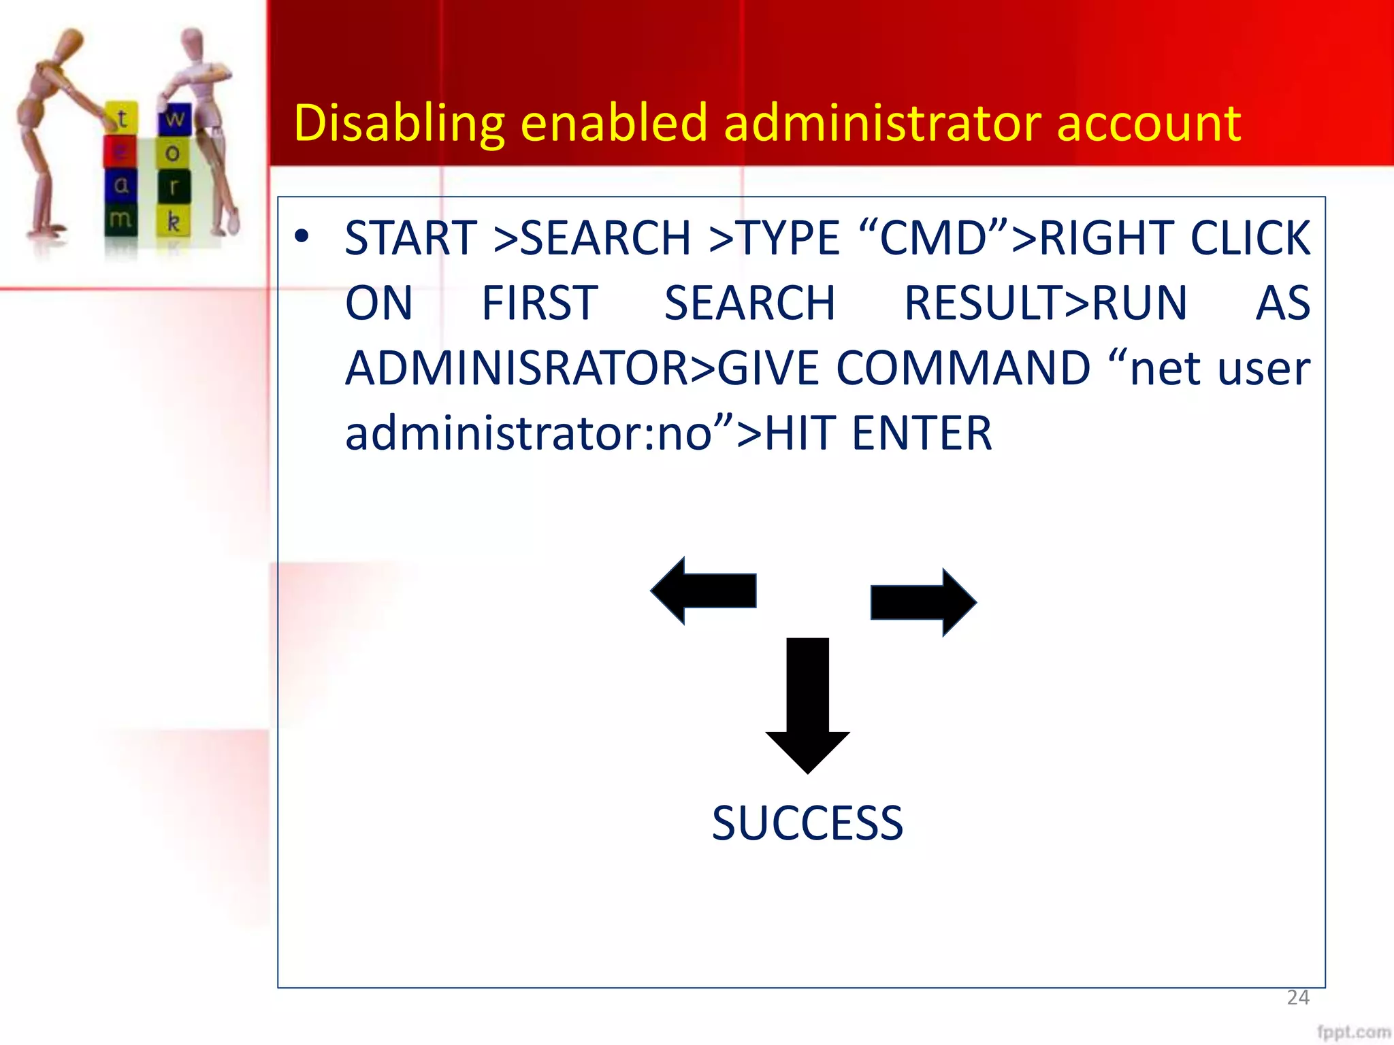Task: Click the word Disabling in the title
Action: (x=399, y=124)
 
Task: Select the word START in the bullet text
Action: (x=410, y=238)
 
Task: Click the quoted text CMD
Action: (x=933, y=238)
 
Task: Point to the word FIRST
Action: (x=539, y=303)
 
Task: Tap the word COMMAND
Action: (x=962, y=369)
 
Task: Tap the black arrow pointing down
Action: (x=807, y=704)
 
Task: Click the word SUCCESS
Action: (x=807, y=823)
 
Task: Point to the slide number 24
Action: (x=1297, y=997)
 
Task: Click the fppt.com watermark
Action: (x=1352, y=1031)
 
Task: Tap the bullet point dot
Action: (x=302, y=237)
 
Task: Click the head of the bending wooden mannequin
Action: (x=68, y=45)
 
